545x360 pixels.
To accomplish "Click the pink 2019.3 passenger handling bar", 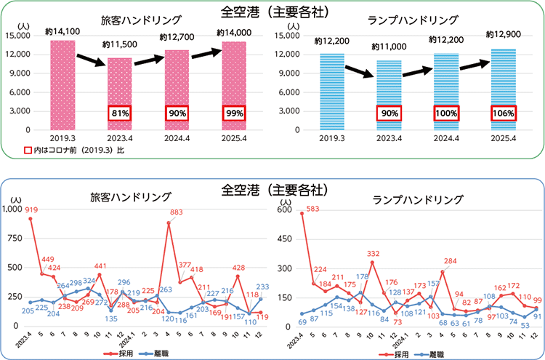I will point(62,84).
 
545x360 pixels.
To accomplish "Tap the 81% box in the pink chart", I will point(120,113).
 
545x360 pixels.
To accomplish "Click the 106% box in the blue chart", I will point(502,113).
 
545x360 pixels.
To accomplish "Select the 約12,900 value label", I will point(502,33).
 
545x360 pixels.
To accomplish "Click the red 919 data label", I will point(31,211).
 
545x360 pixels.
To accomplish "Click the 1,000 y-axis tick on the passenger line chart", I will point(12,209).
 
